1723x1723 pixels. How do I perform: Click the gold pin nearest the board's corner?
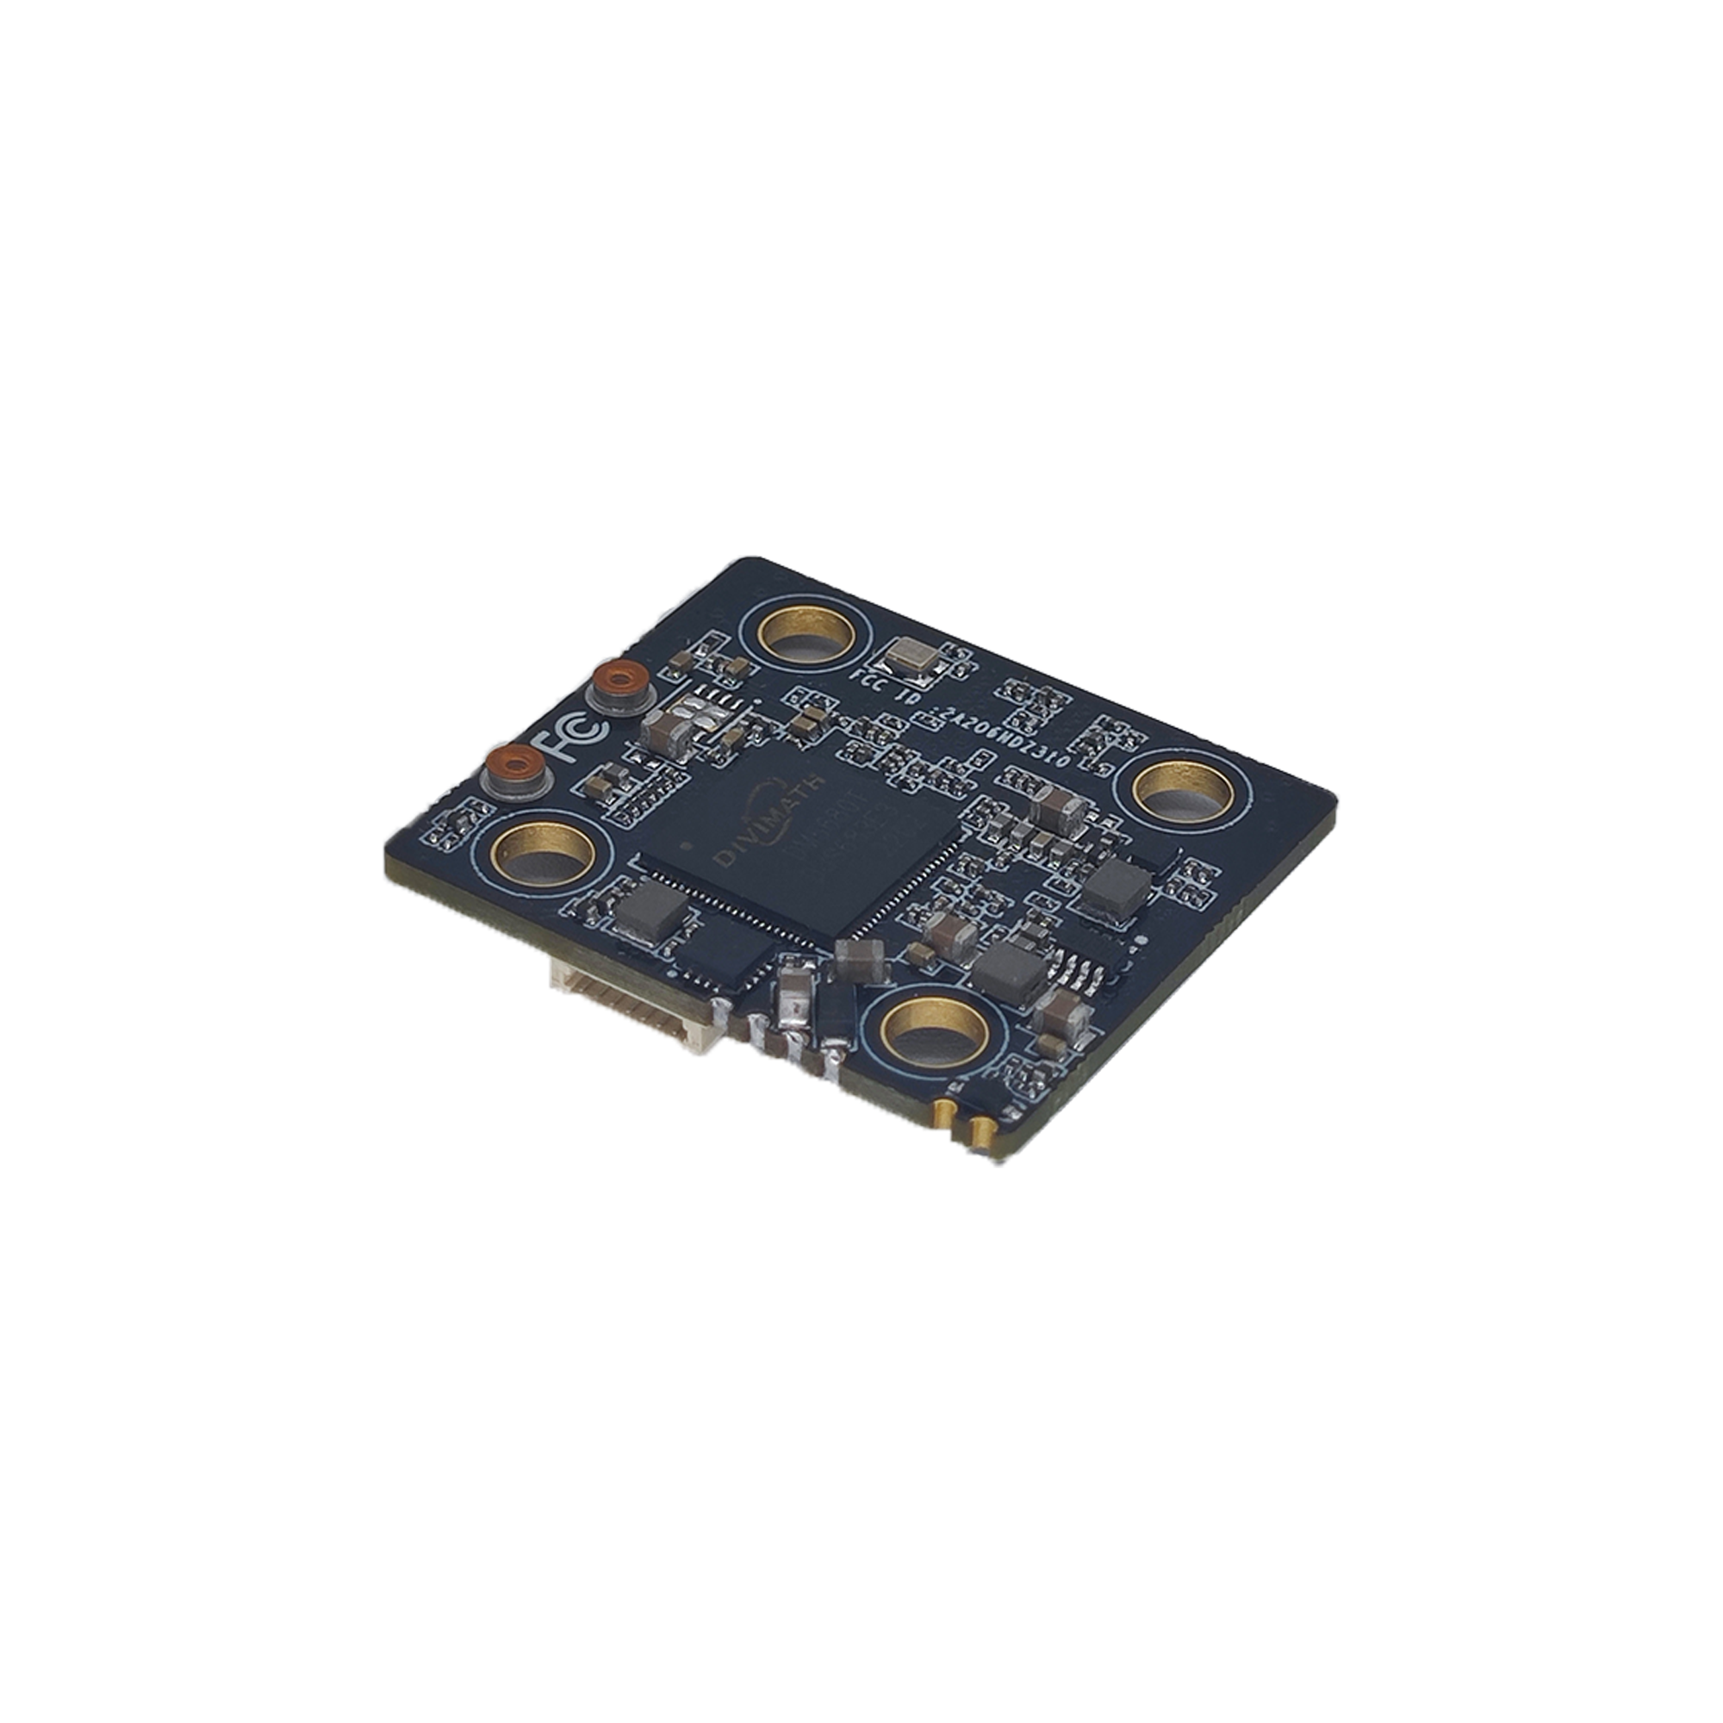(981, 1135)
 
